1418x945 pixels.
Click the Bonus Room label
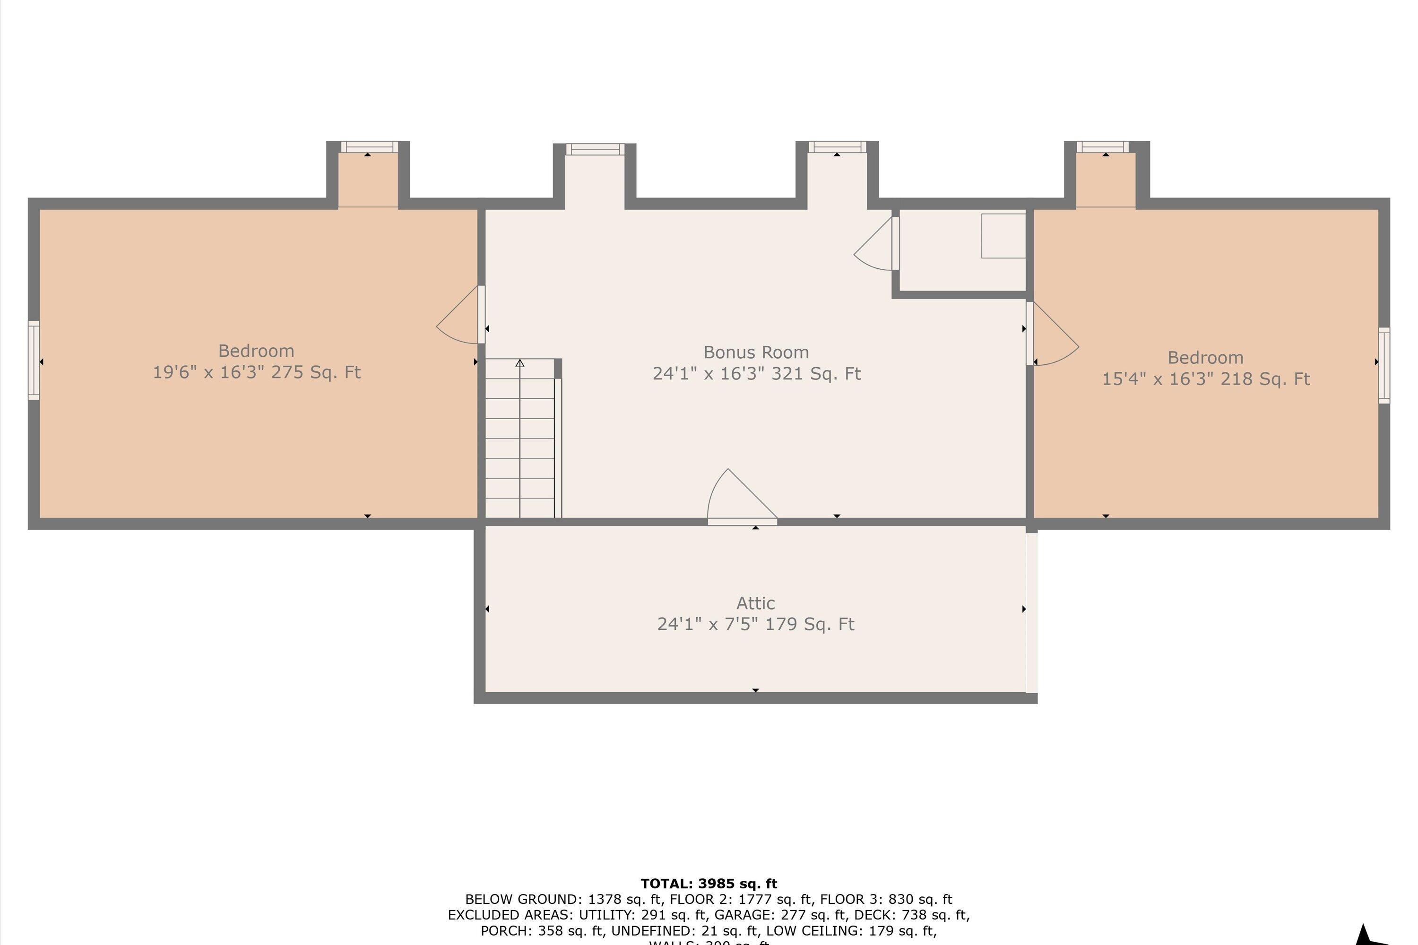coord(756,352)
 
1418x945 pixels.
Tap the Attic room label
coord(755,603)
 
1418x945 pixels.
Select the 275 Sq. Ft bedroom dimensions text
coord(256,372)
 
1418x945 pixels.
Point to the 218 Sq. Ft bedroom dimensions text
coord(1206,379)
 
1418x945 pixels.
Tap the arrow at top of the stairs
coord(519,363)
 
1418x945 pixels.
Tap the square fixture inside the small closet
coord(1003,236)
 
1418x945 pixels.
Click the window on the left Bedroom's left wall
coord(34,361)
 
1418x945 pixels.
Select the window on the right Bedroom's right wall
coord(1384,365)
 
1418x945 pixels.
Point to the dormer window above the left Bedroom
coord(369,147)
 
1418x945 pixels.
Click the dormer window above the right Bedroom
coord(1103,147)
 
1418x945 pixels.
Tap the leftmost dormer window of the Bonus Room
coord(595,149)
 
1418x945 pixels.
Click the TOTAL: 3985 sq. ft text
coord(709,884)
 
